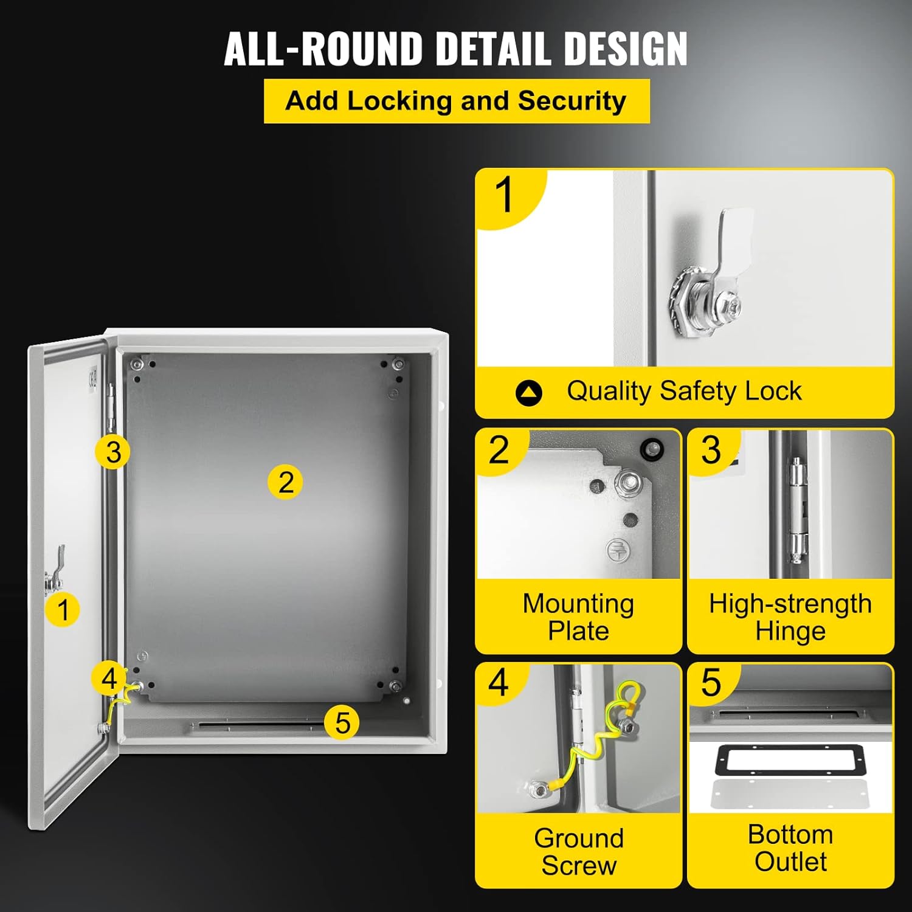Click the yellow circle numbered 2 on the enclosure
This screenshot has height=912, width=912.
[x=285, y=482]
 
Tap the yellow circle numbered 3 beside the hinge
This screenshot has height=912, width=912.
[x=112, y=452]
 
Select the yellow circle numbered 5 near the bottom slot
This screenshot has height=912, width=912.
[x=342, y=722]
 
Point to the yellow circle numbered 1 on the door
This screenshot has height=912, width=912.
[x=63, y=609]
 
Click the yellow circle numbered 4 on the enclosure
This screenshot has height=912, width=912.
[x=109, y=678]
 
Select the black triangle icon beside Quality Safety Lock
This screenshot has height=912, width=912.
[x=528, y=393]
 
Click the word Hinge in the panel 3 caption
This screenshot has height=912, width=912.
[x=790, y=631]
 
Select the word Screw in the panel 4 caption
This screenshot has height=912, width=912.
[x=579, y=865]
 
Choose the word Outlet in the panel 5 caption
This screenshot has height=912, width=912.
[x=790, y=862]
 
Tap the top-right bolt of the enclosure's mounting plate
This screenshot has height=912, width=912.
[x=398, y=365]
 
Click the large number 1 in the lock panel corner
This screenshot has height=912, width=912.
[x=505, y=196]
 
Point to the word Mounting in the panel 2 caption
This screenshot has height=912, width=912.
[x=578, y=604]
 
